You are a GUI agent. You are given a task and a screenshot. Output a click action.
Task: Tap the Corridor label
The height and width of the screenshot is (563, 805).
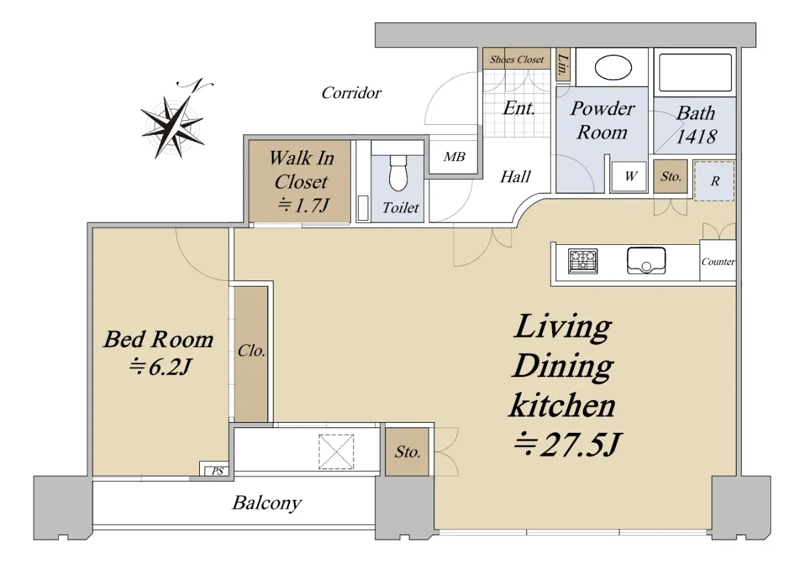(x=351, y=93)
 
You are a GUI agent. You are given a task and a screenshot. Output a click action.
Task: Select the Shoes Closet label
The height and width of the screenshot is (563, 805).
(x=517, y=59)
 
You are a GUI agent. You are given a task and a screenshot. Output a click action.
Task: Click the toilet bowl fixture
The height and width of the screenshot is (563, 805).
(x=398, y=173)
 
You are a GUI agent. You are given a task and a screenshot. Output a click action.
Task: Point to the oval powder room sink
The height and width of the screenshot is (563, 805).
(x=613, y=68)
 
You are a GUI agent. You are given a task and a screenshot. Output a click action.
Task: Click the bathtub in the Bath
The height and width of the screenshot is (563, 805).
(x=695, y=72)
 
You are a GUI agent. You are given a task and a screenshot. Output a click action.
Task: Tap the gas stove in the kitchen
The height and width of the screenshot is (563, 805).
(x=583, y=261)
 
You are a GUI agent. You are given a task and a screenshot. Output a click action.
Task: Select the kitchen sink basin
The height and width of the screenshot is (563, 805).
(x=646, y=260)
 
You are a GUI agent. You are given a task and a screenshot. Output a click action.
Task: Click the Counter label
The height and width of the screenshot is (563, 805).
(x=718, y=262)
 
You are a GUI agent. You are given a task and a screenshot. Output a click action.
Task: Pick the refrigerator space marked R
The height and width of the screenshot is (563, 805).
(x=714, y=181)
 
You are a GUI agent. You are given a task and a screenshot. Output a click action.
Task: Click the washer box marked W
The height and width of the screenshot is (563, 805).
(x=629, y=176)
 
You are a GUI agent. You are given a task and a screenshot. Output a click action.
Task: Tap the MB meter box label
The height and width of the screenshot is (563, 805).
(x=454, y=157)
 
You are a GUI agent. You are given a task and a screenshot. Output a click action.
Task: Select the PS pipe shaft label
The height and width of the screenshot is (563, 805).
(x=217, y=471)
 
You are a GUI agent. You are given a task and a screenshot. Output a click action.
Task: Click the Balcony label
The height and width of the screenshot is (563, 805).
(x=267, y=503)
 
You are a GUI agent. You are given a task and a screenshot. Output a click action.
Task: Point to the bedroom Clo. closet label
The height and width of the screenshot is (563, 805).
(x=251, y=351)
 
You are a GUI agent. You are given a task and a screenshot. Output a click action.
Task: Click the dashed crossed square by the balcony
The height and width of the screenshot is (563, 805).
(x=336, y=452)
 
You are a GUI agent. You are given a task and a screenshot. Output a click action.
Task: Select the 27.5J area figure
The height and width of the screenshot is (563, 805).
(x=567, y=444)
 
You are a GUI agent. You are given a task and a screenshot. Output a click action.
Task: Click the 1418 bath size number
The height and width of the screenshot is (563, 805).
(x=696, y=136)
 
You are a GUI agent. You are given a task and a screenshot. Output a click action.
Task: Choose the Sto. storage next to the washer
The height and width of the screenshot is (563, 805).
(x=671, y=176)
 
